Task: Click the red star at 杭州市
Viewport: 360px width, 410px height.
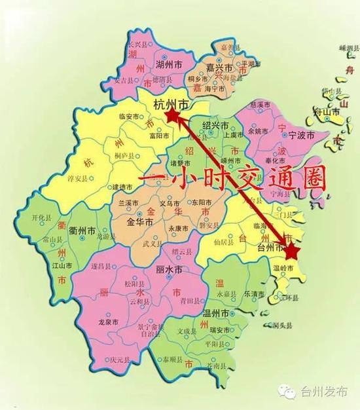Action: coord(172,116)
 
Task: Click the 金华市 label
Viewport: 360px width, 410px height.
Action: coord(140,223)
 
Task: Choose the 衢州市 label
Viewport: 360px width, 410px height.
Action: coord(83,231)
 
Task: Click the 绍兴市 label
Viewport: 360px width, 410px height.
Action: coord(215,124)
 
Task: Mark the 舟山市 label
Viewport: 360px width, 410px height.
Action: coord(327,113)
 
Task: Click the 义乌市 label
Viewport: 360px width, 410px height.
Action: coord(169,204)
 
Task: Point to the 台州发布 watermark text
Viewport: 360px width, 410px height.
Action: coord(323,391)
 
